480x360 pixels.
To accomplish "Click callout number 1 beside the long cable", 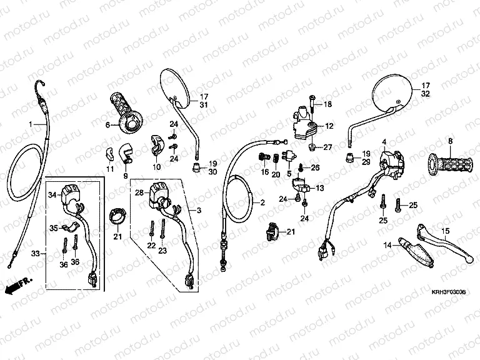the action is [x=29, y=124].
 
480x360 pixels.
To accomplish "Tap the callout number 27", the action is [x=328, y=147].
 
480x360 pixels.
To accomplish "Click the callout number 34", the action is [x=52, y=195].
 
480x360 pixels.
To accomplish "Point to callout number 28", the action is [x=139, y=192].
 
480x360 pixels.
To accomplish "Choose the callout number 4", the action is [x=385, y=142].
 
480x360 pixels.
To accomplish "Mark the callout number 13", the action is [x=320, y=188].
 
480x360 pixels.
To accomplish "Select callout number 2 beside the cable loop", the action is [x=262, y=202].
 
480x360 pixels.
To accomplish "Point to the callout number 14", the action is [x=388, y=246].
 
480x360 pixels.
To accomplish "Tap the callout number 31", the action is [x=203, y=105].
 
